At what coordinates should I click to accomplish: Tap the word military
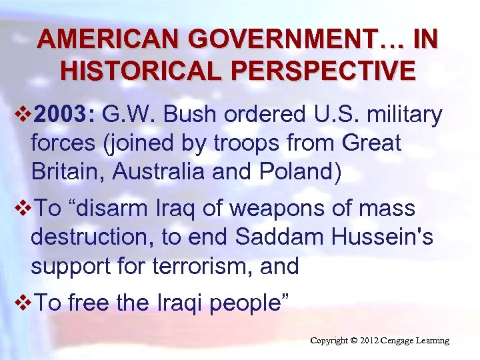[402, 115]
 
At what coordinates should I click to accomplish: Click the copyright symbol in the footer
[355, 341]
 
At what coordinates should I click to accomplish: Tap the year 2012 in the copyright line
[371, 341]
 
